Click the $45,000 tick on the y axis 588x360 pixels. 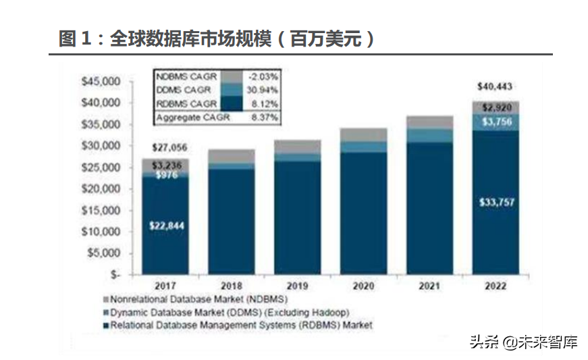coord(100,82)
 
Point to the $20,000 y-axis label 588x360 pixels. coord(100,189)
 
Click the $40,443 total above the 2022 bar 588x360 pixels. coord(495,87)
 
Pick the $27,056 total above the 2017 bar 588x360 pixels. coord(166,147)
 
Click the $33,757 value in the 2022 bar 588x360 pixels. coord(495,203)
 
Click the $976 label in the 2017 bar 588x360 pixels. coord(165,175)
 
